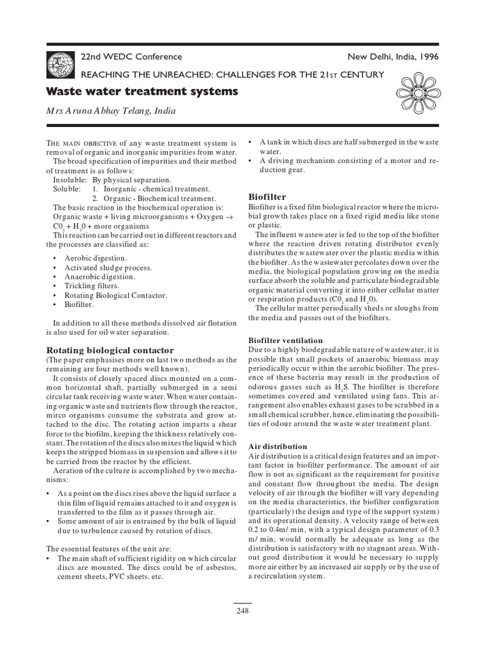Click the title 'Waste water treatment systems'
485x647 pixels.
[143, 92]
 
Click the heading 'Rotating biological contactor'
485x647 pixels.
[110, 349]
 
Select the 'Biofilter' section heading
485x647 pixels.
[268, 197]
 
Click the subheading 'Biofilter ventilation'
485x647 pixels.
[285, 340]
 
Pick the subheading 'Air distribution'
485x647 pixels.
[278, 446]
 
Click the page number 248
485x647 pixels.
[242, 611]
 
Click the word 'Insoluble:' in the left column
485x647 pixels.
[67, 179]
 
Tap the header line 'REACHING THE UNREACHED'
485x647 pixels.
[230, 75]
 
